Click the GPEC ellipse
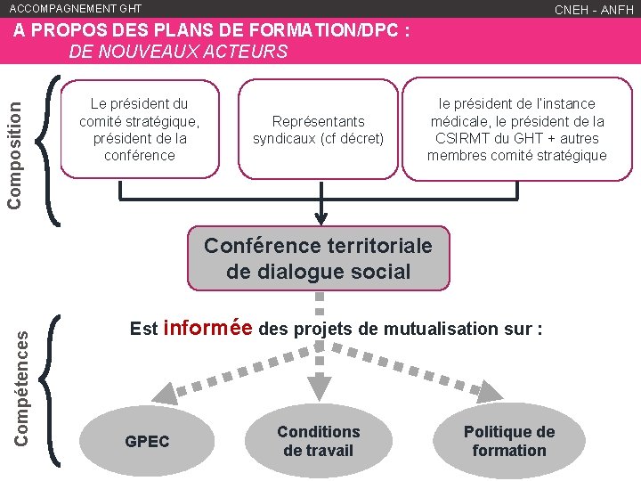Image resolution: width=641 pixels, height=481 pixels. [147, 441]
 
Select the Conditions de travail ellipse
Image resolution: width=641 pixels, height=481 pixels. [319, 441]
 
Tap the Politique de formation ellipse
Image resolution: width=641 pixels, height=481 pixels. [508, 441]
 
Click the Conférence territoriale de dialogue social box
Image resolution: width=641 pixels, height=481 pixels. [319, 258]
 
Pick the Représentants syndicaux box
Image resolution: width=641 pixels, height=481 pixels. [319, 130]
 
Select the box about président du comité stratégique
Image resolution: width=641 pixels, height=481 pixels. [139, 130]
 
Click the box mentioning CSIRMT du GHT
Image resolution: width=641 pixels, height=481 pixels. [517, 130]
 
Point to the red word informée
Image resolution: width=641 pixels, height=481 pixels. [208, 328]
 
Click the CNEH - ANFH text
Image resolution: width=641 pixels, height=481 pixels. [594, 10]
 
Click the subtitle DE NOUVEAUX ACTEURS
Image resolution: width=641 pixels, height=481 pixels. [178, 52]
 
